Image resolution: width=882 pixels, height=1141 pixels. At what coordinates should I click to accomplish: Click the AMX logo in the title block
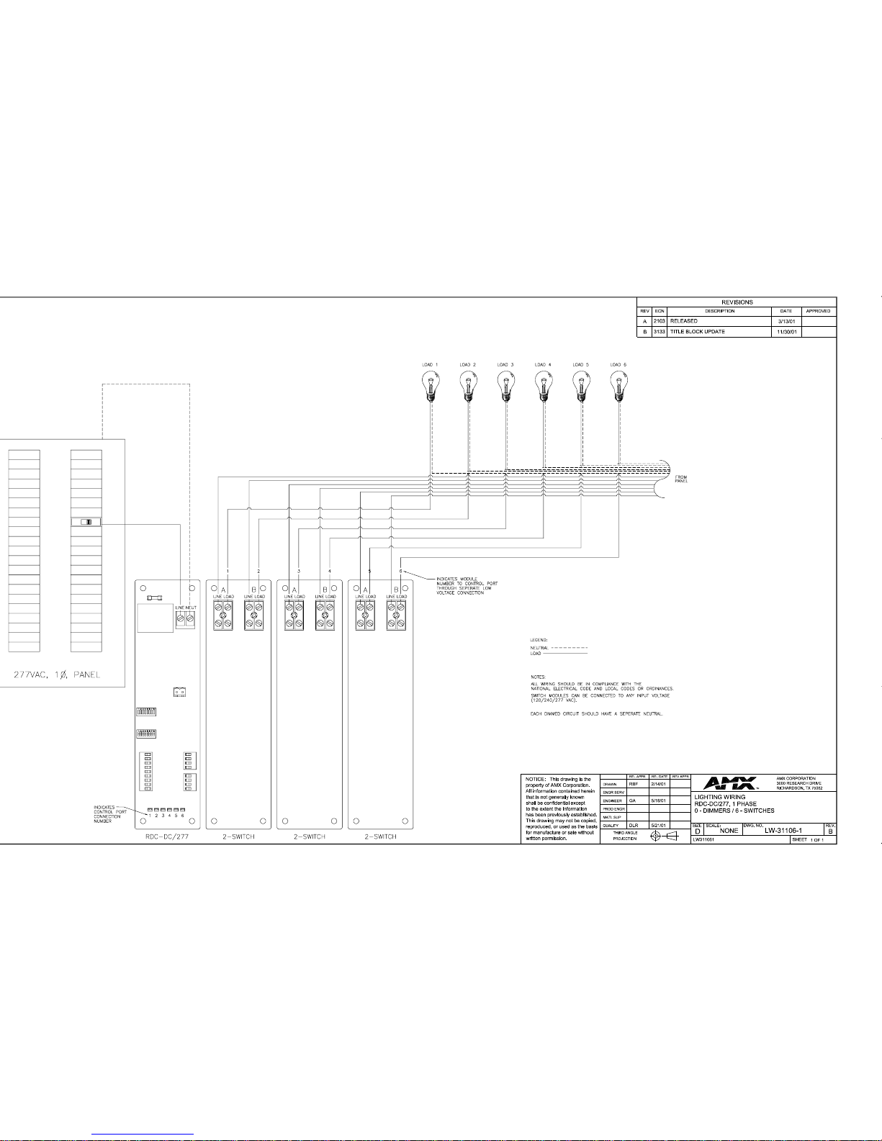click(730, 783)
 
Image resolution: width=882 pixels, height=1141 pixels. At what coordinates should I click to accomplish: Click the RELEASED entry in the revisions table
click(683, 321)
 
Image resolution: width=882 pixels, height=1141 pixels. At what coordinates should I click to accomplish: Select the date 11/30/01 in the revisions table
click(786, 332)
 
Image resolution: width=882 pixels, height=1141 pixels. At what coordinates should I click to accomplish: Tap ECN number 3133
click(660, 332)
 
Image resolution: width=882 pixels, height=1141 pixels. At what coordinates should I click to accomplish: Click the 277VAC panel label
click(57, 675)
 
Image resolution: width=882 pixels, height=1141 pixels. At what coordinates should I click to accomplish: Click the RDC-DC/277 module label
click(166, 836)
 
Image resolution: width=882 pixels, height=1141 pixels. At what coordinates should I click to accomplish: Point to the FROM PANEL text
click(681, 479)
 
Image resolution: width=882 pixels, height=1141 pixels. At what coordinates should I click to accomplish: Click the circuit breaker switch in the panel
click(86, 522)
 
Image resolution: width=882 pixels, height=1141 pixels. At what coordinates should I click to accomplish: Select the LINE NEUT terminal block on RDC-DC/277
click(186, 618)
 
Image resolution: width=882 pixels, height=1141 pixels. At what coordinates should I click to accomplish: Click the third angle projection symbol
click(663, 836)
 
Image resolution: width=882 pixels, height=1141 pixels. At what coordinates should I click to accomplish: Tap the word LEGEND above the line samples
click(539, 639)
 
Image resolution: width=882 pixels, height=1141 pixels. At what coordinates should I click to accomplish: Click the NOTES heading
click(539, 677)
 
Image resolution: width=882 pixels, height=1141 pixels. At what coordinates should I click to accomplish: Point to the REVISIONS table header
click(737, 302)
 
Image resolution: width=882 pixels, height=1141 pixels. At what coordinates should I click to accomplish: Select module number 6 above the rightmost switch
click(401, 571)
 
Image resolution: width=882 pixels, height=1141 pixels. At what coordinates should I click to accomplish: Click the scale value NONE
click(729, 831)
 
